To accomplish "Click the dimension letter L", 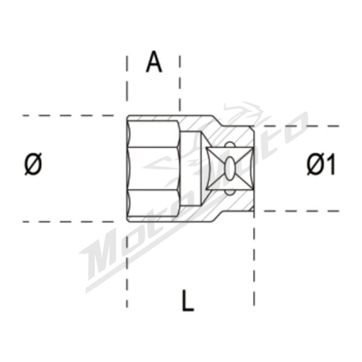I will coord(188,300).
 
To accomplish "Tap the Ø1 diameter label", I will coord(320,164).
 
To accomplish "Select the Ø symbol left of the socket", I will coord(33,164).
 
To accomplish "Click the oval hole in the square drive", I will coord(229,168).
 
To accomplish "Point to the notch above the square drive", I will coord(229,145).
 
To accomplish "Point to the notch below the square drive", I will coord(229,192).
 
